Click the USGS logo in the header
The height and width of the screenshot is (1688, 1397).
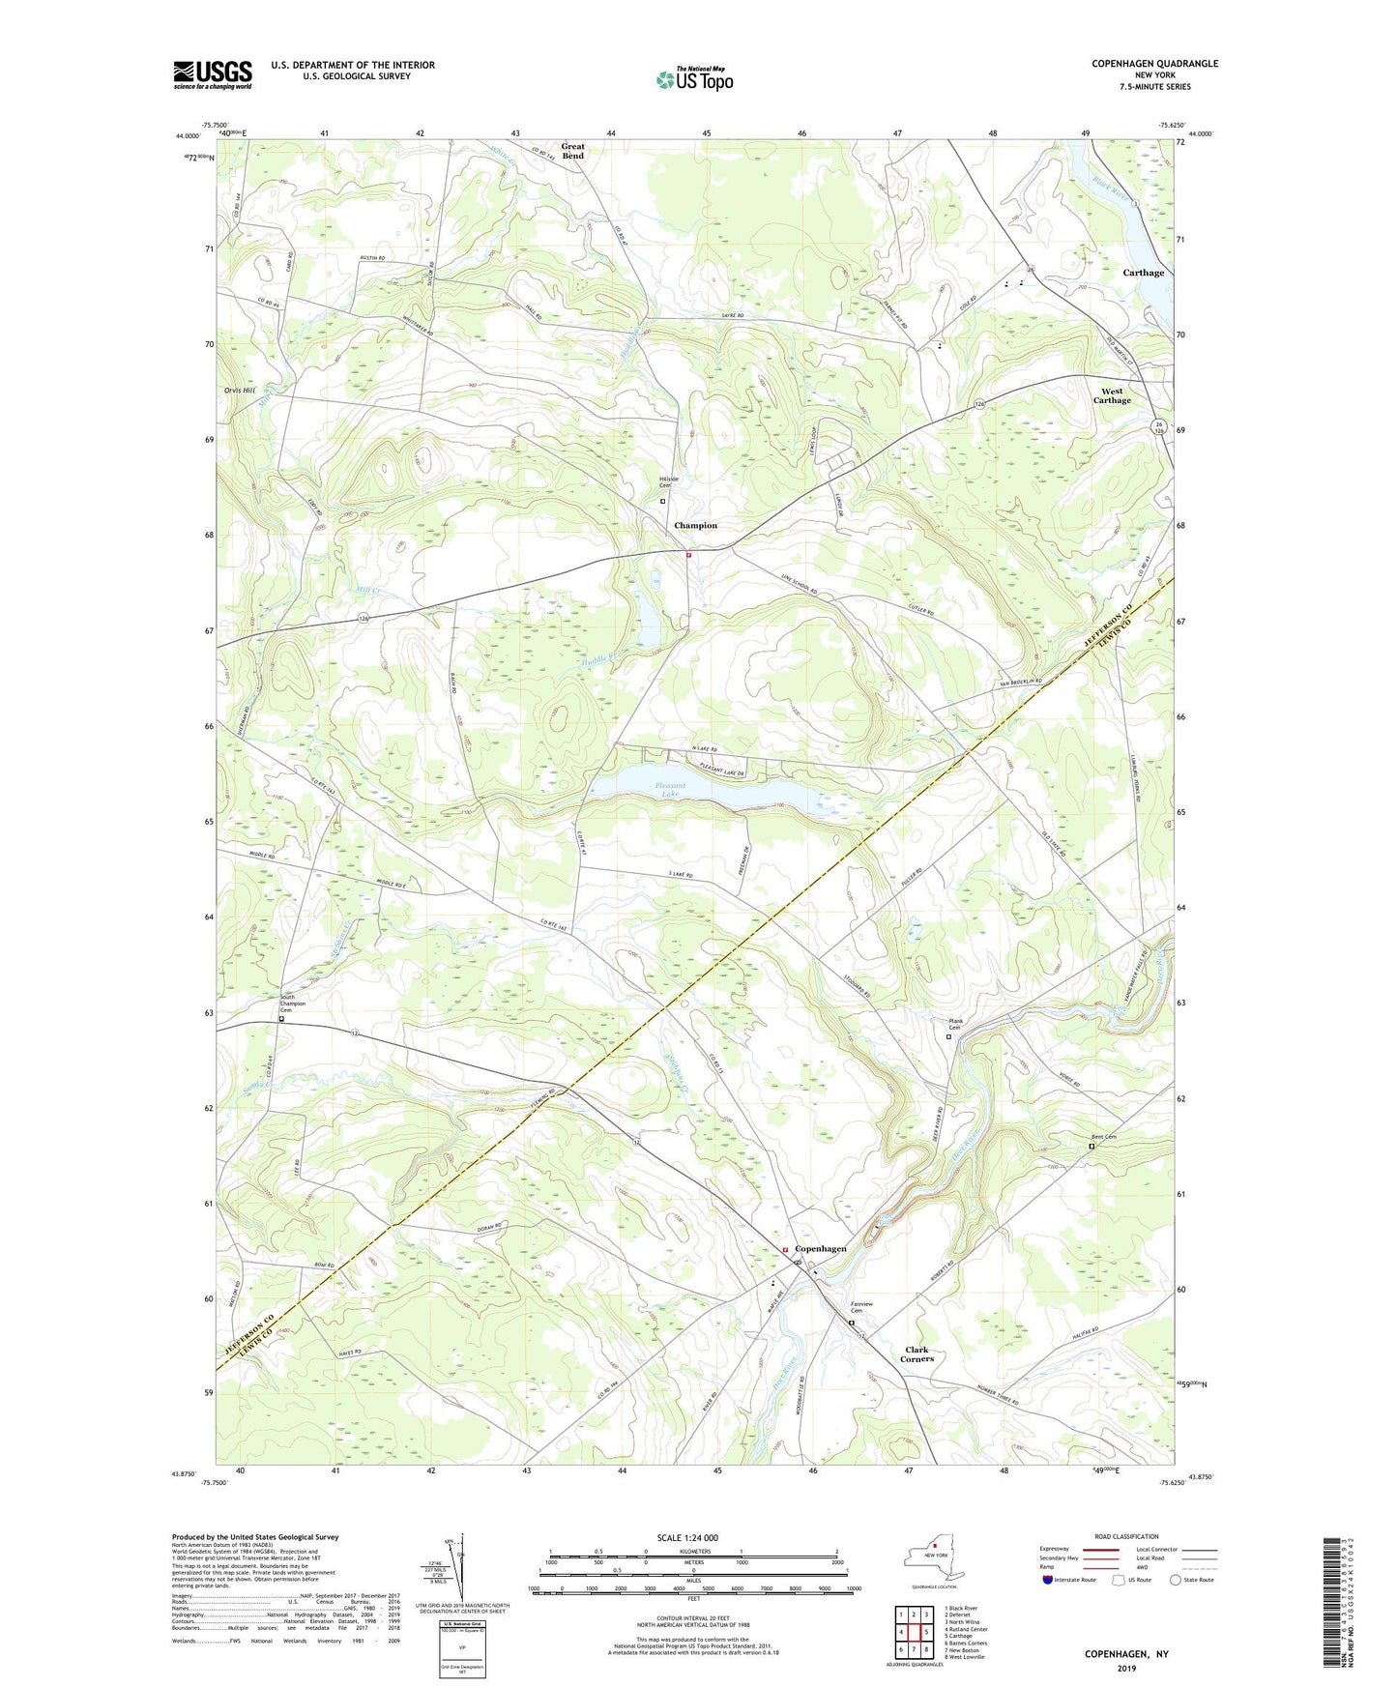[213, 74]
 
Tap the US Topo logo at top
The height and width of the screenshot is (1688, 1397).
[694, 79]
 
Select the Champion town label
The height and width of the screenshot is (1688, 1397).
[695, 526]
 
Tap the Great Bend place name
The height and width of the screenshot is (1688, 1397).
[573, 152]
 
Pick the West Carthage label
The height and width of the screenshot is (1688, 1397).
[1112, 396]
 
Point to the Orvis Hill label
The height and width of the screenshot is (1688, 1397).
[239, 391]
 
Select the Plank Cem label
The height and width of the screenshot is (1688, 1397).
[956, 1024]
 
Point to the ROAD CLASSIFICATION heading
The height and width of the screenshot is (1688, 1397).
[1127, 1536]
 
